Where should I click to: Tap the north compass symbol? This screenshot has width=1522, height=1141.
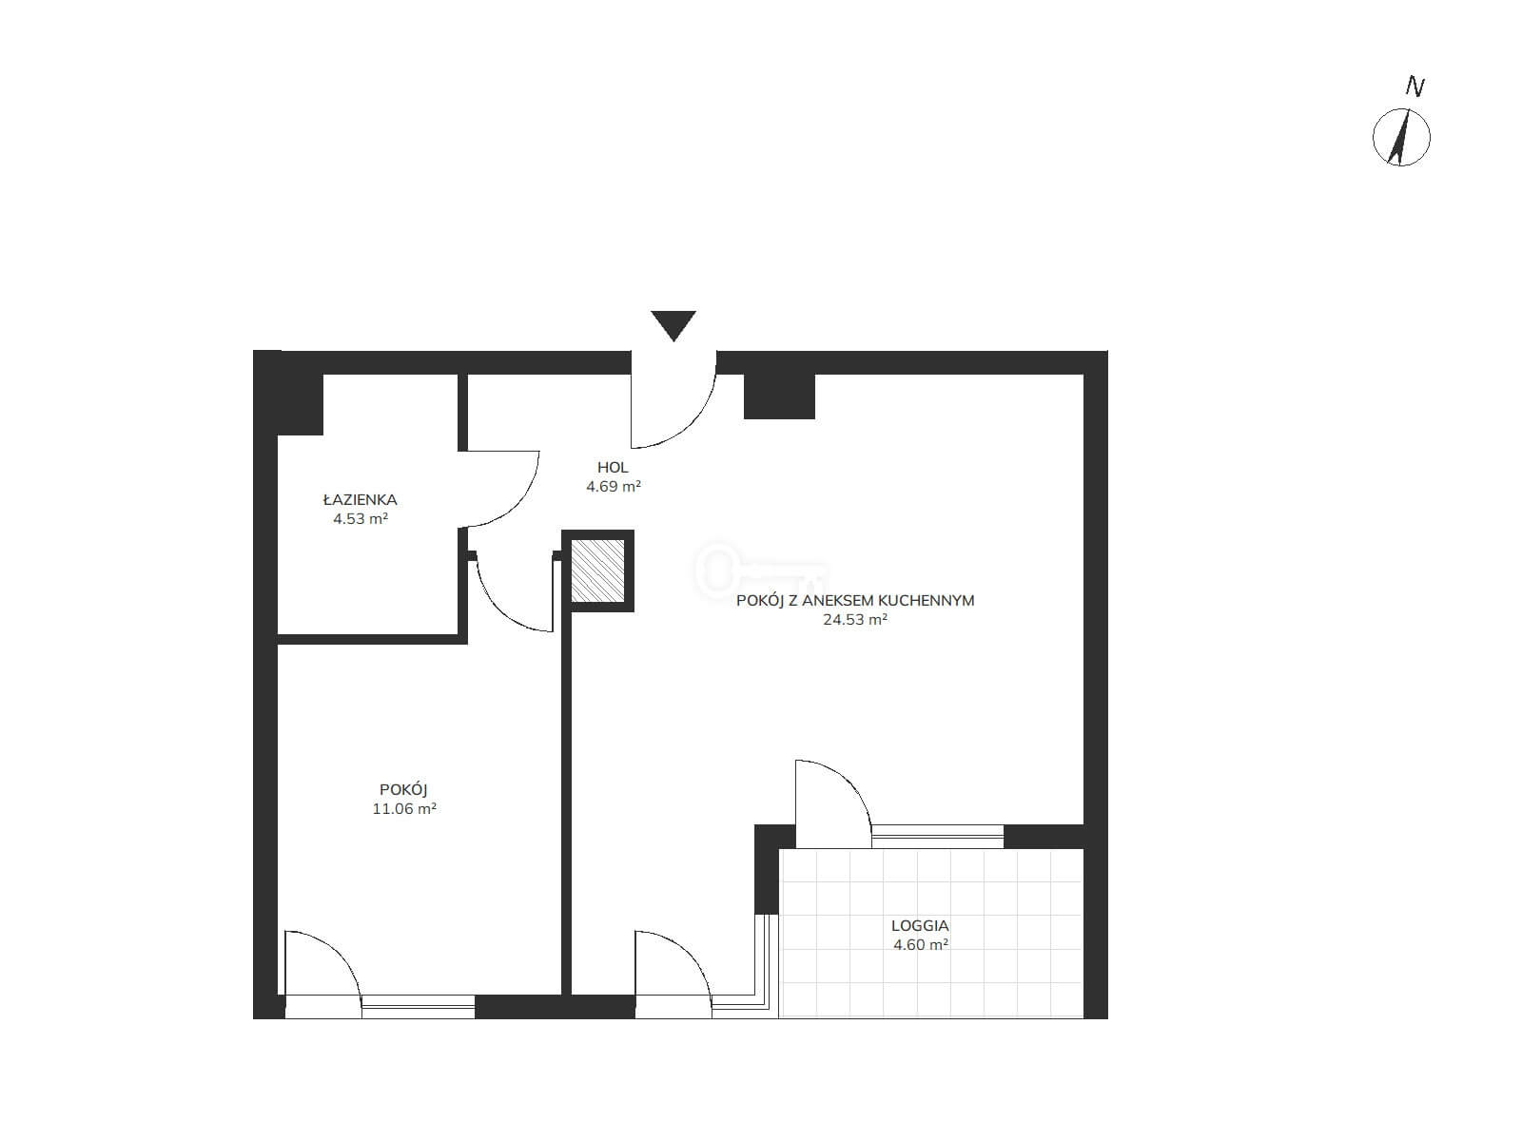[x=1401, y=137]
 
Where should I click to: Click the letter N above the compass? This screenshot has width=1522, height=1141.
[x=1415, y=87]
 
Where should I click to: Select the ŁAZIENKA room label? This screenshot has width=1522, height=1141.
[x=360, y=499]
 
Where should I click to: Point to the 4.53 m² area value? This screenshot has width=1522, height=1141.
[x=360, y=518]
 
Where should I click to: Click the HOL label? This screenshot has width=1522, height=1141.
[x=613, y=468]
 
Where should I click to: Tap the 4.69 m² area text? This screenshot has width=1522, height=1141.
[x=613, y=486]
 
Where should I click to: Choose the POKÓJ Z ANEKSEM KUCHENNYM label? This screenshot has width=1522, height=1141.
[x=855, y=600]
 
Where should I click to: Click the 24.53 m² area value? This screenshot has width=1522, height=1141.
[x=855, y=619]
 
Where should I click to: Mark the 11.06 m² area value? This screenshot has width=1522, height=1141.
[x=404, y=808]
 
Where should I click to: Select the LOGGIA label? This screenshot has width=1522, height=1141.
[x=920, y=925]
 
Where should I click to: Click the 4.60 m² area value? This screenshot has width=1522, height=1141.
[x=920, y=943]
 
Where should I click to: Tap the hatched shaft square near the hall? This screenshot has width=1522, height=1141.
[x=597, y=570]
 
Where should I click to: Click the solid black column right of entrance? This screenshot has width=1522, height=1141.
[x=779, y=396]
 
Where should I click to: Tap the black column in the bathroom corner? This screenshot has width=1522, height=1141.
[x=300, y=405]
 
